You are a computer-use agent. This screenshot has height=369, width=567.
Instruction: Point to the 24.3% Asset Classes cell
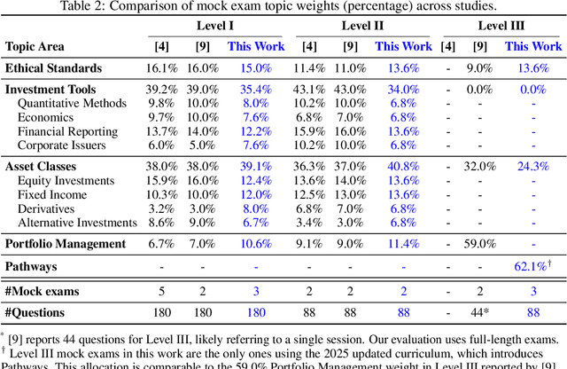[x=532, y=166]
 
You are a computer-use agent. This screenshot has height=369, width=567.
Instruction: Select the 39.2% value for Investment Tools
[x=164, y=89]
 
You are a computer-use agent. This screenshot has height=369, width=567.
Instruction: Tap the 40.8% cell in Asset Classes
[x=403, y=166]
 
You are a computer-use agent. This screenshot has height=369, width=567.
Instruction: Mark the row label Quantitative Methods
[x=74, y=103]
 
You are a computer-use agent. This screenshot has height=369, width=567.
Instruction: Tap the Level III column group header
[x=502, y=26]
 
